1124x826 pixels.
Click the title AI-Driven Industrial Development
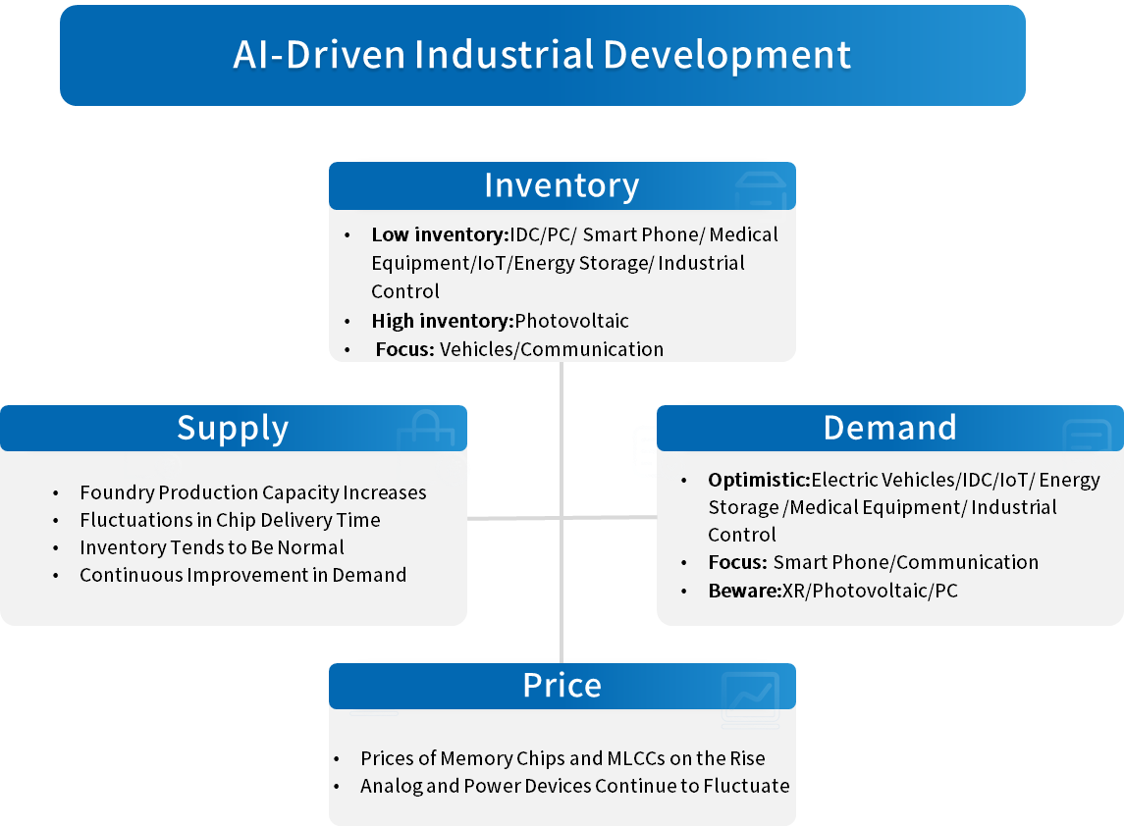pos(542,55)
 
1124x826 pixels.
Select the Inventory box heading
pos(562,185)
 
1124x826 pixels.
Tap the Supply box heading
pos(233,429)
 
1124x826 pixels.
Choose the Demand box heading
pos(889,428)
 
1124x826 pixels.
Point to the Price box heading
pos(562,686)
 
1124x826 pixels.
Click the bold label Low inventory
pos(437,235)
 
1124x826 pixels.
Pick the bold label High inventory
pos(442,321)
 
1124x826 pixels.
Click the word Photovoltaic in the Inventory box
pos(572,321)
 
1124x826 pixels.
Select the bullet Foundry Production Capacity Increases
pos(253,492)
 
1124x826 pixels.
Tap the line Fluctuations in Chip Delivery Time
pos(230,520)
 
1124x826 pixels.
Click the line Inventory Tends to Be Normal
pos(212,547)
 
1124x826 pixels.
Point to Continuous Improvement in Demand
pos(242,575)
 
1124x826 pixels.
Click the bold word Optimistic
pos(757,481)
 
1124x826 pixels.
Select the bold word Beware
pos(742,591)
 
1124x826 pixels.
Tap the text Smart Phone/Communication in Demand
pos(905,562)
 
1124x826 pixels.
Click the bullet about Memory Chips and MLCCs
pos(562,758)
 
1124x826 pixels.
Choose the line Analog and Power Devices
pos(574,786)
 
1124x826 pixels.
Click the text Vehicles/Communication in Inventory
pos(552,349)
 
